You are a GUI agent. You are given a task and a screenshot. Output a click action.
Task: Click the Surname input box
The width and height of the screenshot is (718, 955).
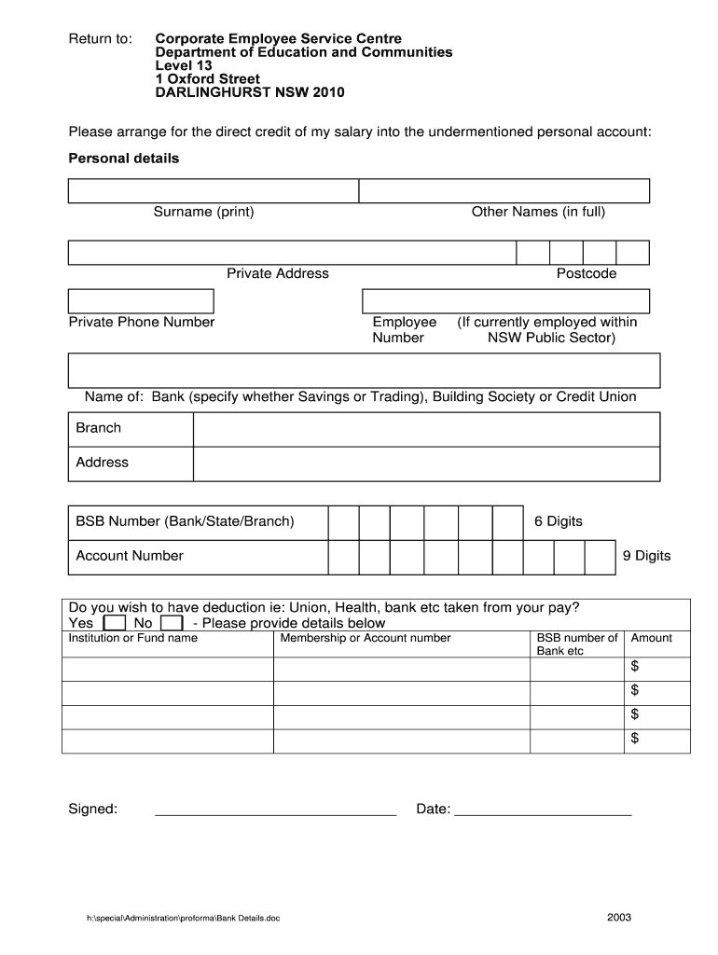click(x=213, y=191)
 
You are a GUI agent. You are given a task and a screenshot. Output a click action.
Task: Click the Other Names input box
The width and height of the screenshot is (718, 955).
click(x=504, y=191)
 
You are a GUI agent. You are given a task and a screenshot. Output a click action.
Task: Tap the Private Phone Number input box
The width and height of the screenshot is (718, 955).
click(x=141, y=301)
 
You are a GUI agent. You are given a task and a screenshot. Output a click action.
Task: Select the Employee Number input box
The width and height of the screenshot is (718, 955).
click(x=504, y=301)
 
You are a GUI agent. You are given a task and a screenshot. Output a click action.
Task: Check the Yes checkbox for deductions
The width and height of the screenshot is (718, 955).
click(x=114, y=623)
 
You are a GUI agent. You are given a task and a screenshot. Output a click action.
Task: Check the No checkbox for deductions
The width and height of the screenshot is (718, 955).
click(x=171, y=623)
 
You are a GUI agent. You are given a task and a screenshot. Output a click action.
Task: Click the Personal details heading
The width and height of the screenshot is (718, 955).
click(x=124, y=159)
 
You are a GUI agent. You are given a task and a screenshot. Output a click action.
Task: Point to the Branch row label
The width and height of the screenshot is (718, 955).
click(x=99, y=428)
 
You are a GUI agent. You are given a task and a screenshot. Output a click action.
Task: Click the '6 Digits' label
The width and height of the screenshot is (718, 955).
click(x=558, y=521)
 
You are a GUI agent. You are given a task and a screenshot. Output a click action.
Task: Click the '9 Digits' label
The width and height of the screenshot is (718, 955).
click(x=646, y=556)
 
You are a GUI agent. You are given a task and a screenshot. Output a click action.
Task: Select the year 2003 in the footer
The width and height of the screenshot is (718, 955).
click(x=619, y=917)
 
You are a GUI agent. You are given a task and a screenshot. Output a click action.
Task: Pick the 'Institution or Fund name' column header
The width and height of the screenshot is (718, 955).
click(x=133, y=638)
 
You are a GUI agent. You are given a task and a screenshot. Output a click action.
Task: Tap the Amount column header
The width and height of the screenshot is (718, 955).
click(x=651, y=638)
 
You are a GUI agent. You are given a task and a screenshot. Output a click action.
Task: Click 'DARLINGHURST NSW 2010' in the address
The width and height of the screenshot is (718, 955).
click(x=249, y=93)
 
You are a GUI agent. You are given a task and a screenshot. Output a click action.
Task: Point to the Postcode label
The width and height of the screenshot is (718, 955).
click(x=587, y=273)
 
